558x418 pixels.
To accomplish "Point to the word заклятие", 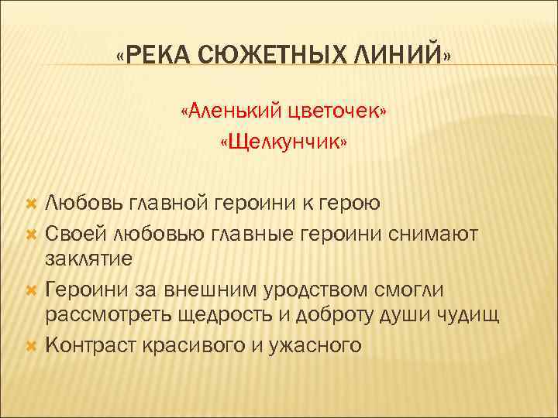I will pyautogui.click(x=89, y=259).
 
